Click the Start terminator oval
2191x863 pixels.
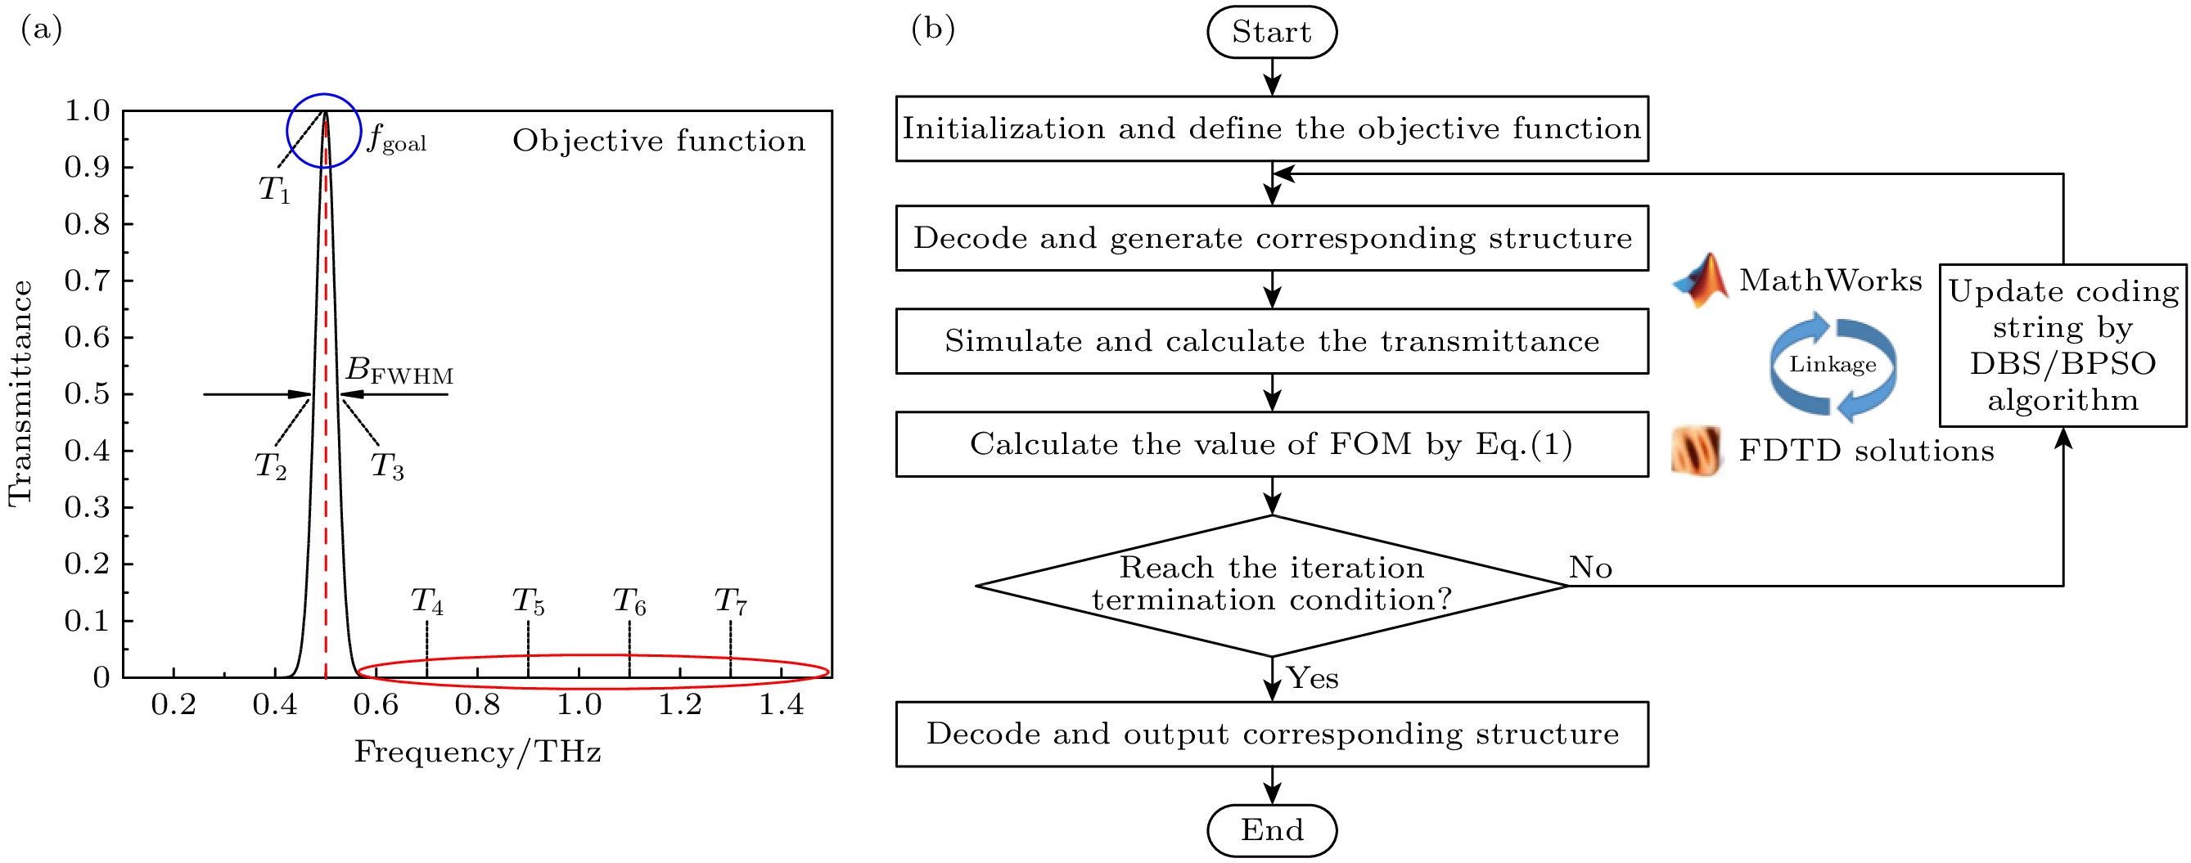1272,32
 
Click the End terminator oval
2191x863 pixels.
1272,829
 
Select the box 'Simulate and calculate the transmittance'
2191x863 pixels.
1272,341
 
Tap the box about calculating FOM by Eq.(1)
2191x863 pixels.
1272,444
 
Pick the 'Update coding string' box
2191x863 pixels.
2063,345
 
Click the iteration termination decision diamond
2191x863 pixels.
1272,585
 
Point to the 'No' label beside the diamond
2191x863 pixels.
1589,567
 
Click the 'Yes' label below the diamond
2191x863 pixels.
1312,677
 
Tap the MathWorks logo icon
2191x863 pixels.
1700,280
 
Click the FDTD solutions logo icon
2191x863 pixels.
1697,451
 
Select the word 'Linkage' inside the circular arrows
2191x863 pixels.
1833,365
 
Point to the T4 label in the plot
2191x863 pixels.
427,602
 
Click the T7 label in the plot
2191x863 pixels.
731,602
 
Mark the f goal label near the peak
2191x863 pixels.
396,138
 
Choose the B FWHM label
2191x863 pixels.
399,371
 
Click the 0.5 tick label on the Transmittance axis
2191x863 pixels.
87,394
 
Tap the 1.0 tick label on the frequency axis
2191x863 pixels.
579,705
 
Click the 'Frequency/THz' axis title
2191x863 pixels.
478,752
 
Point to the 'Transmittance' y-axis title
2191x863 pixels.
20,393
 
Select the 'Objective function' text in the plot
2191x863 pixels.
658,142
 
